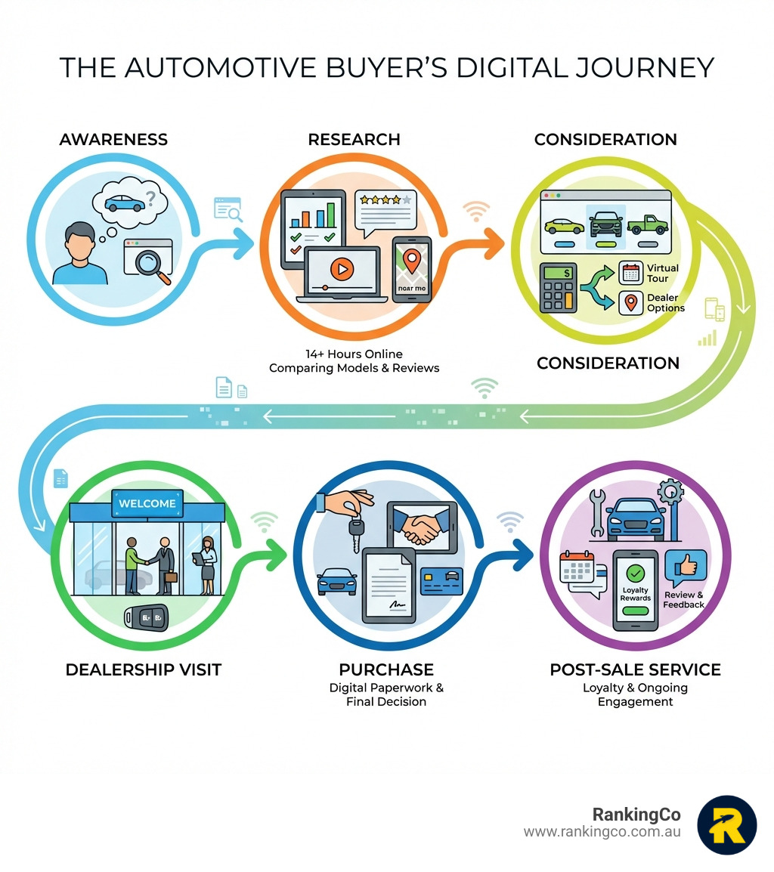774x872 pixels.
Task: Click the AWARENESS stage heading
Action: [113, 140]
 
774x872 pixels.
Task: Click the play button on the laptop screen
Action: [341, 267]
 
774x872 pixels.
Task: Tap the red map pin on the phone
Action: [411, 261]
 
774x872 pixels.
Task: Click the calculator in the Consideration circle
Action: [559, 287]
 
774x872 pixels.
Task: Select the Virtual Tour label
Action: [662, 273]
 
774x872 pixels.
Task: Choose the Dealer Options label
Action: [665, 303]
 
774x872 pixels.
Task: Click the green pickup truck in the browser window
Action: [648, 224]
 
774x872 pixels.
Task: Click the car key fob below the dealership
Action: [147, 618]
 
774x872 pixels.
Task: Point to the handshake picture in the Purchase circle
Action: [421, 527]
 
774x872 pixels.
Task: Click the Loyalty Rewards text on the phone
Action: [636, 594]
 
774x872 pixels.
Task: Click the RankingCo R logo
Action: [726, 825]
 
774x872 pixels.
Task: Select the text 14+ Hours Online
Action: [354, 354]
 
